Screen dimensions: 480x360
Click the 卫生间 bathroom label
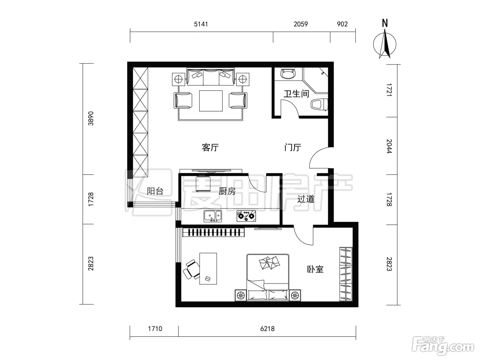click(x=296, y=94)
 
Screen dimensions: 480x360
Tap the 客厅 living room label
click(x=210, y=147)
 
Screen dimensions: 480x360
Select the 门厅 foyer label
click(x=292, y=147)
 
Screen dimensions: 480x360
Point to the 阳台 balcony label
click(x=155, y=191)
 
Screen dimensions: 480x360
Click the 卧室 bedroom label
click(x=315, y=269)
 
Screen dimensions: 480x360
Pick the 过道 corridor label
click(x=306, y=199)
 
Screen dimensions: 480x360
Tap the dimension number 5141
click(x=201, y=24)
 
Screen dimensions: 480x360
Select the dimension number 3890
click(x=91, y=119)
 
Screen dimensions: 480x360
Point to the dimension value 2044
click(x=389, y=146)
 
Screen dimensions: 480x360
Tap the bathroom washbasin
click(x=288, y=74)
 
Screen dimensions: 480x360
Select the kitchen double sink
click(x=213, y=216)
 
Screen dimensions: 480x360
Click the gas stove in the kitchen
click(x=246, y=216)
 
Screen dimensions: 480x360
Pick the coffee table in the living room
click(x=211, y=101)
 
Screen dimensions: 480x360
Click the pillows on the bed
click(x=269, y=263)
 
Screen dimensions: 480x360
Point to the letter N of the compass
click(x=385, y=23)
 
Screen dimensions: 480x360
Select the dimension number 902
click(x=342, y=24)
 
